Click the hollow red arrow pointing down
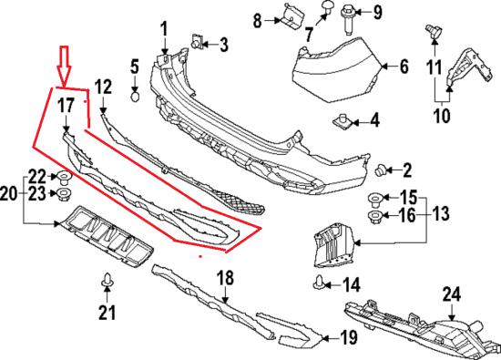[x=64, y=66]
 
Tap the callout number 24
[x=452, y=294]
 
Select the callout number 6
[x=404, y=67]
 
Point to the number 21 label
[x=107, y=312]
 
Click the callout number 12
[x=103, y=87]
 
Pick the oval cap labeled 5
[x=136, y=96]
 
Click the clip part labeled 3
[x=196, y=41]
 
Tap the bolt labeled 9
[x=349, y=19]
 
